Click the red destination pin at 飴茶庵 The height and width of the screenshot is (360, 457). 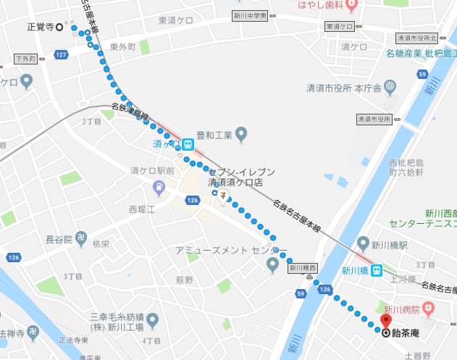(x=385, y=322)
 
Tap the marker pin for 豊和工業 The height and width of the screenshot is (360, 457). (x=242, y=134)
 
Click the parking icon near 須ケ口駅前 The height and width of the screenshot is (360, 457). (x=159, y=189)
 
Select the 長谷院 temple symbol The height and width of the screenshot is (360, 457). (x=80, y=238)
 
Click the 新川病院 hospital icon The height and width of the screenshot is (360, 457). (x=430, y=310)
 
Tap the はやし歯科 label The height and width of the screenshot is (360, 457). (x=323, y=6)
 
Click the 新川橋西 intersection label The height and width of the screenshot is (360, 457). (x=303, y=268)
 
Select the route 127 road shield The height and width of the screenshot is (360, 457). (x=62, y=55)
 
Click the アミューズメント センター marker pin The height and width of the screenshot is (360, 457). (x=272, y=264)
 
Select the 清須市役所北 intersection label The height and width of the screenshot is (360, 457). (x=417, y=38)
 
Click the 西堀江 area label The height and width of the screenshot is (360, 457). (x=143, y=209)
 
